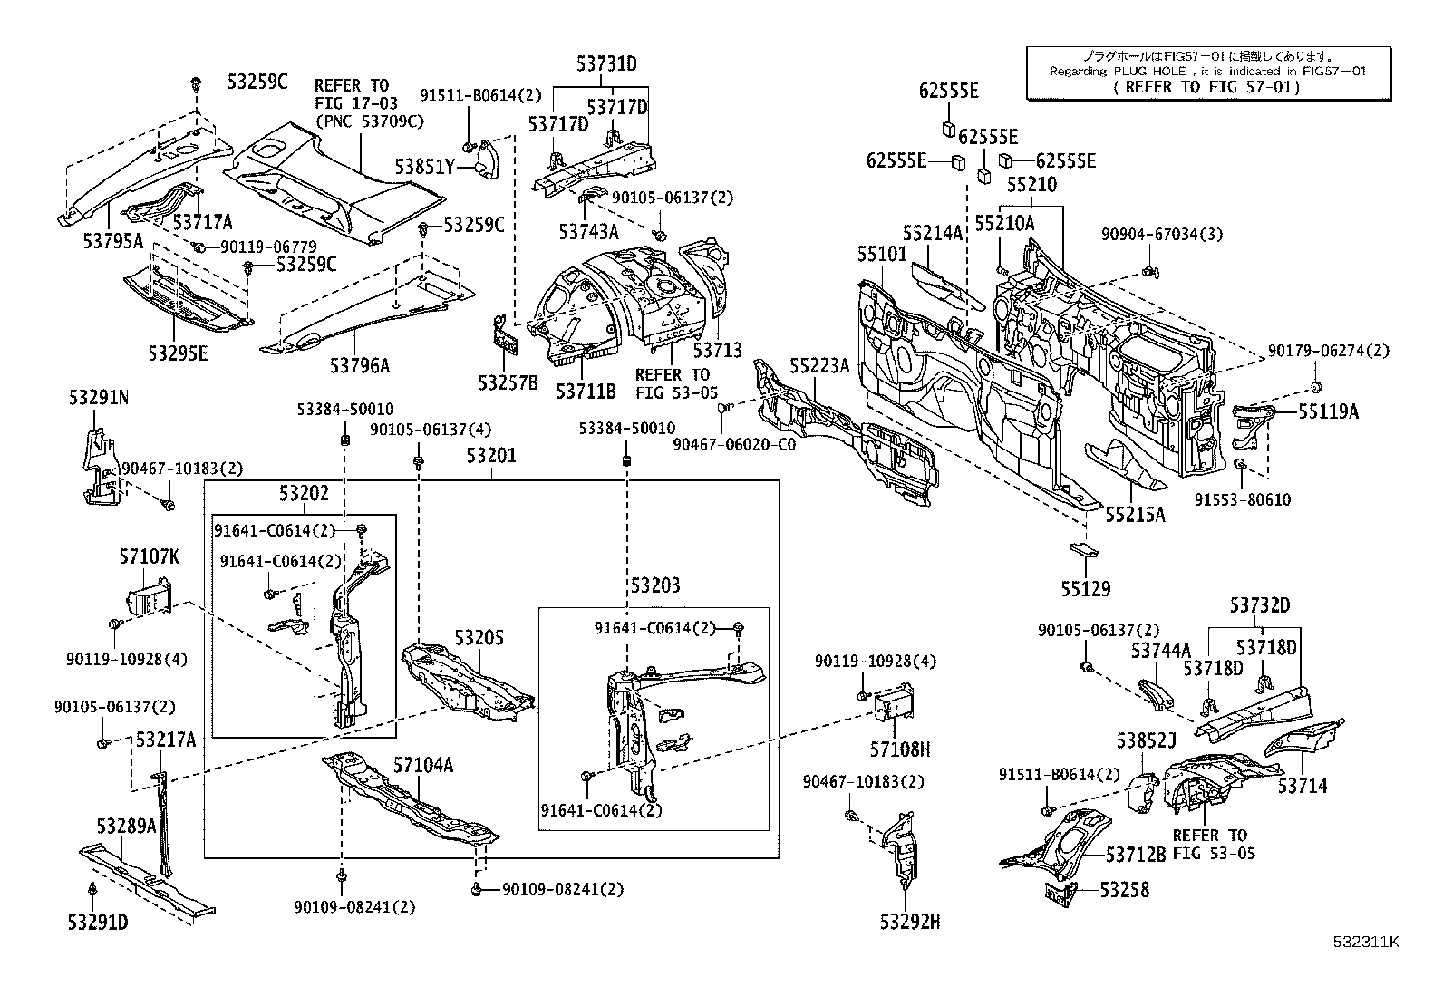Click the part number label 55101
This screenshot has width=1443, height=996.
tap(881, 254)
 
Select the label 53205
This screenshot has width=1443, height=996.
tap(479, 639)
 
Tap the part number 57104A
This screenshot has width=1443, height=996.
tap(422, 766)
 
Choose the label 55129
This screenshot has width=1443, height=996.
tap(1085, 589)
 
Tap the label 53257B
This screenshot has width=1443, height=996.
tap(508, 383)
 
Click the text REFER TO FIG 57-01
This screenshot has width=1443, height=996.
tap(1206, 87)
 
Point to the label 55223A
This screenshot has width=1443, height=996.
tap(819, 365)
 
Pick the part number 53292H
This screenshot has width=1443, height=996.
tap(909, 923)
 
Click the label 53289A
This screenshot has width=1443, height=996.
tap(126, 826)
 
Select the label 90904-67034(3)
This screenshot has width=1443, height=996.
tap(1162, 235)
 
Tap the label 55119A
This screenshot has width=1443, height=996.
tap(1328, 411)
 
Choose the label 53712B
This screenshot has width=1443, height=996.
tap(1136, 854)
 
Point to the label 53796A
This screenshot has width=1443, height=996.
tap(359, 365)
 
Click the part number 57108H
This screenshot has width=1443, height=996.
tap(900, 749)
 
